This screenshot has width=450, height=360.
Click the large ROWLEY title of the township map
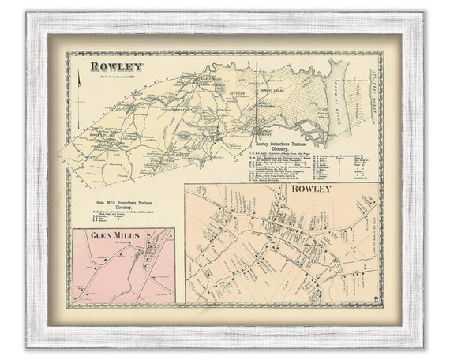[x=116, y=66]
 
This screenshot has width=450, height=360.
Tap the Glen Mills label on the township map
[x=210, y=79]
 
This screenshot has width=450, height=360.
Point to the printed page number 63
[x=371, y=298]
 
